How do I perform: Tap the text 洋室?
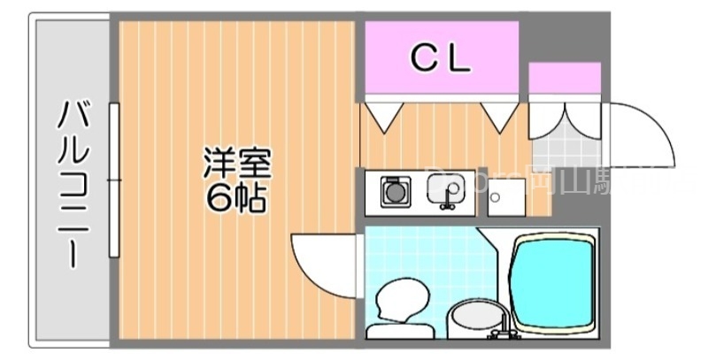click(236, 165)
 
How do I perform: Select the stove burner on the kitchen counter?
click(396, 191)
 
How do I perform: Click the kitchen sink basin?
click(445, 189)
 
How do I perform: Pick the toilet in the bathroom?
click(398, 305)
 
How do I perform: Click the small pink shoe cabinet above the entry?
click(565, 79)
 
